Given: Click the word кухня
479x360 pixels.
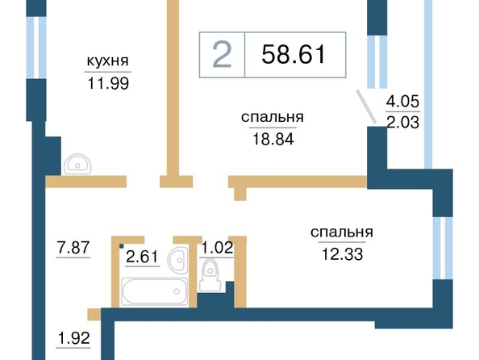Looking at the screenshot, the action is (x=107, y=61).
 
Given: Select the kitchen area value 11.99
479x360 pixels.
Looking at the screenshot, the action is (x=108, y=83).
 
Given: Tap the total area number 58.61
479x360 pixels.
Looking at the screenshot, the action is (x=294, y=54).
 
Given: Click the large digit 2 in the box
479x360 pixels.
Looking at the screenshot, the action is (x=222, y=55).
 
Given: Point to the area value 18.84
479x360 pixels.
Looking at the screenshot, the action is (x=273, y=139).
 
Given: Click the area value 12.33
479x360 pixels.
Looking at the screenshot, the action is (x=342, y=254).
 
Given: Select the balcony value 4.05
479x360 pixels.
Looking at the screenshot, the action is (x=402, y=101).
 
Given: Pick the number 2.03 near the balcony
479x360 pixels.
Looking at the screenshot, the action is (x=403, y=123).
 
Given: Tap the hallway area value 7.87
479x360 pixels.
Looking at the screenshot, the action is (x=73, y=247).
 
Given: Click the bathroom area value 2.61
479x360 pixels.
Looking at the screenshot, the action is (x=142, y=257).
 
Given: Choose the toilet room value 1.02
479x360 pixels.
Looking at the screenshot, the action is (x=217, y=247).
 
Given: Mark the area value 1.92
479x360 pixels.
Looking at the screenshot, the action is (x=73, y=338).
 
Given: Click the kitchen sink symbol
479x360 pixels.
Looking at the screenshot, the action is (x=77, y=164).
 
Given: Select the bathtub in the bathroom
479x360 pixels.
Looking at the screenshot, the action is (x=154, y=291).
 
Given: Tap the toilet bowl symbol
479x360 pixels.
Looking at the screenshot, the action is (x=210, y=275).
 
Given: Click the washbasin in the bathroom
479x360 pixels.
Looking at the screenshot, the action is (x=178, y=260).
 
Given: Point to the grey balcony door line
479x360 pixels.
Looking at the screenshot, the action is (x=366, y=107).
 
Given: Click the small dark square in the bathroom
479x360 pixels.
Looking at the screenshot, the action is (x=122, y=246).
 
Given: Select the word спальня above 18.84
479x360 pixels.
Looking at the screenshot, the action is (x=273, y=118).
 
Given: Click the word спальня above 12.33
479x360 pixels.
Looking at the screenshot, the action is (x=342, y=232).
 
